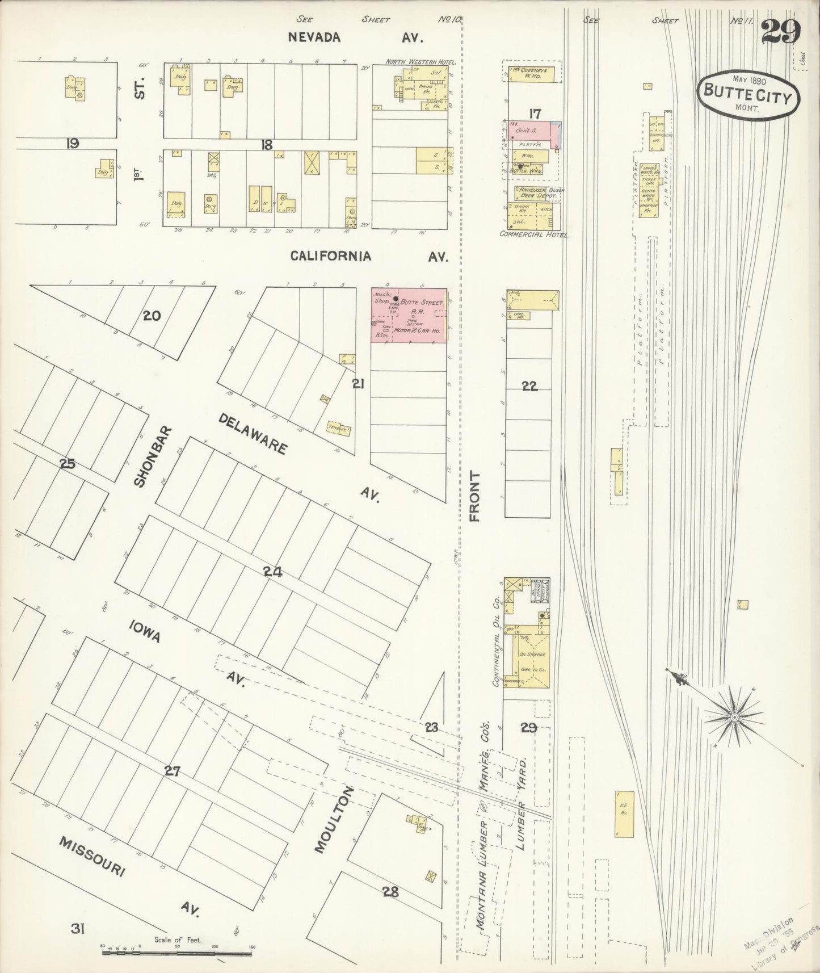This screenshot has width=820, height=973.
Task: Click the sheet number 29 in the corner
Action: [x=781, y=32]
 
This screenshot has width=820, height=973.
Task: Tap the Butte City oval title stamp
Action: [x=747, y=97]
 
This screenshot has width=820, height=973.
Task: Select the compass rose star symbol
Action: [x=734, y=718]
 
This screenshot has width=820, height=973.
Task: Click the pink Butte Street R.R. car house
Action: [x=409, y=315]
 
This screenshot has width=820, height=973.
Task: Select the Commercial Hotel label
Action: [x=534, y=234]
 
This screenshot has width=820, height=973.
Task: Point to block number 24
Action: [x=272, y=573]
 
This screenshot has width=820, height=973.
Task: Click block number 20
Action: [x=152, y=316]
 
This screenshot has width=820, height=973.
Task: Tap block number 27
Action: [x=172, y=770]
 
